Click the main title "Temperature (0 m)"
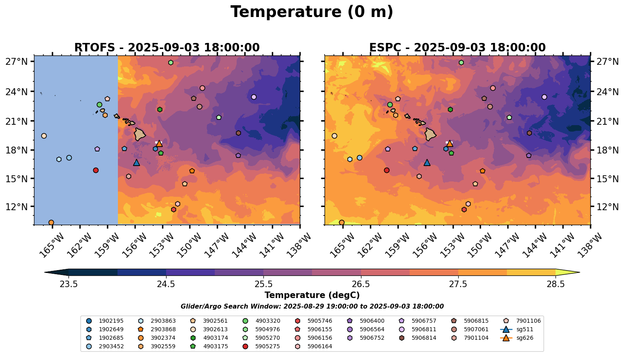(x=312, y=12)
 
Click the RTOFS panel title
(x=167, y=47)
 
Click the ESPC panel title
(x=457, y=47)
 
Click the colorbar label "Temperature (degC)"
(x=312, y=295)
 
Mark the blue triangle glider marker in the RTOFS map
(x=137, y=163)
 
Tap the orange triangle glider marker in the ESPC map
(x=449, y=143)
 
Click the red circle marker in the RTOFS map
(x=96, y=170)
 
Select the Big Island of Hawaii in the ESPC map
(x=430, y=134)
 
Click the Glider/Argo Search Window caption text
(x=312, y=307)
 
